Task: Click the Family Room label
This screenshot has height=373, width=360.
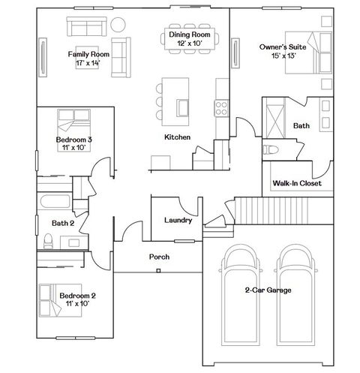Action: [x=89, y=54]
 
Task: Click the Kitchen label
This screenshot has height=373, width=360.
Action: [x=178, y=137]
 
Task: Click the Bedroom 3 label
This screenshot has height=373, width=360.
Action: [x=73, y=140]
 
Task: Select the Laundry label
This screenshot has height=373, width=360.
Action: [x=178, y=220]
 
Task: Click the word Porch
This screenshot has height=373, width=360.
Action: [x=159, y=257]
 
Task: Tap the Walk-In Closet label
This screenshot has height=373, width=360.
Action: [x=297, y=182]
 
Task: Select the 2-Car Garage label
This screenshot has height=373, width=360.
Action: [x=268, y=290]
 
